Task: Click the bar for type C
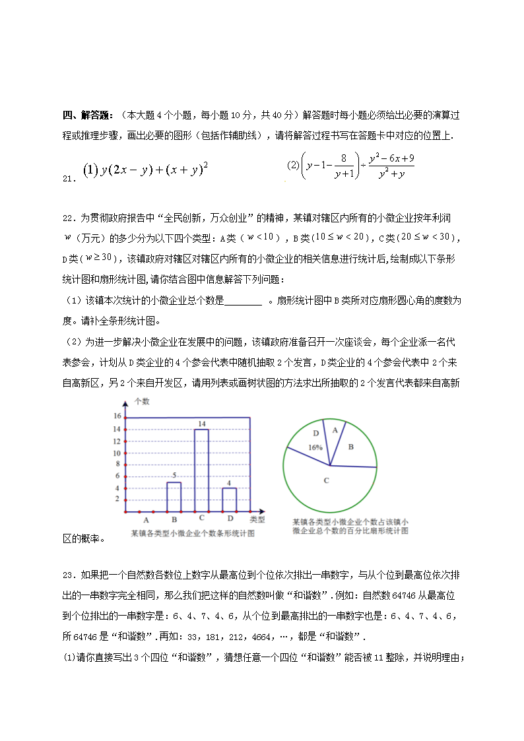[x=201, y=470]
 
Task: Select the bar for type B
[x=174, y=496]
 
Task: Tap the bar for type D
[x=229, y=499]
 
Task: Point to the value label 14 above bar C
[x=201, y=423]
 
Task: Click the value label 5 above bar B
[x=174, y=476]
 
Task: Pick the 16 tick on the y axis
[x=117, y=416]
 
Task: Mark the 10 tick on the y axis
[x=117, y=453]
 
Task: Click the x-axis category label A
[x=146, y=520]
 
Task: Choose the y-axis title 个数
[x=142, y=401]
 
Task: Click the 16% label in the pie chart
[x=315, y=447]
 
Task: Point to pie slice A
[x=335, y=430]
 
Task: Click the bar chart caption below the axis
[x=192, y=533]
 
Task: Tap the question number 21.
[x=68, y=178]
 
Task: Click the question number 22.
[x=68, y=218]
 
